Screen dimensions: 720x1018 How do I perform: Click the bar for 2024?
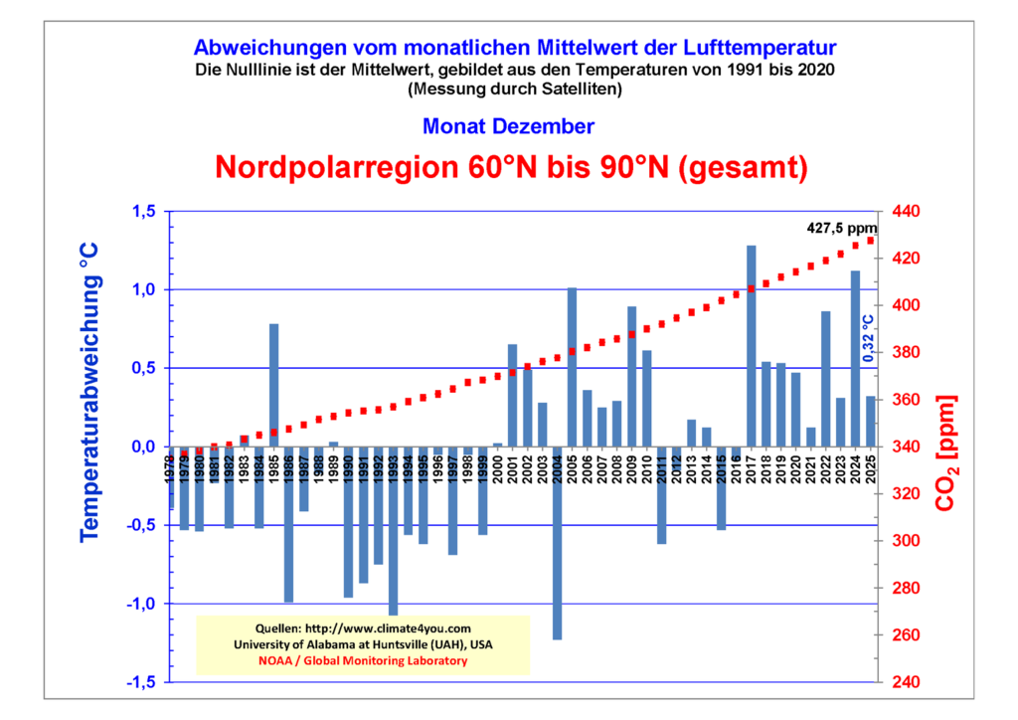(855, 358)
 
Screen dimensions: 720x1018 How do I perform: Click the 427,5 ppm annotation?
(840, 228)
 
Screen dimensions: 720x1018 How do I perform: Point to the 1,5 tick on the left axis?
(144, 212)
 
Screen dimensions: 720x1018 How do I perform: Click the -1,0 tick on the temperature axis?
(142, 604)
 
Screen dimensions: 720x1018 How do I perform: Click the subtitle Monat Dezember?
(508, 126)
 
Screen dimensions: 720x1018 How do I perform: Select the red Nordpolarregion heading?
(508, 165)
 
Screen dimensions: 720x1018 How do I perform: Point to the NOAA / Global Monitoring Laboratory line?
(363, 660)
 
